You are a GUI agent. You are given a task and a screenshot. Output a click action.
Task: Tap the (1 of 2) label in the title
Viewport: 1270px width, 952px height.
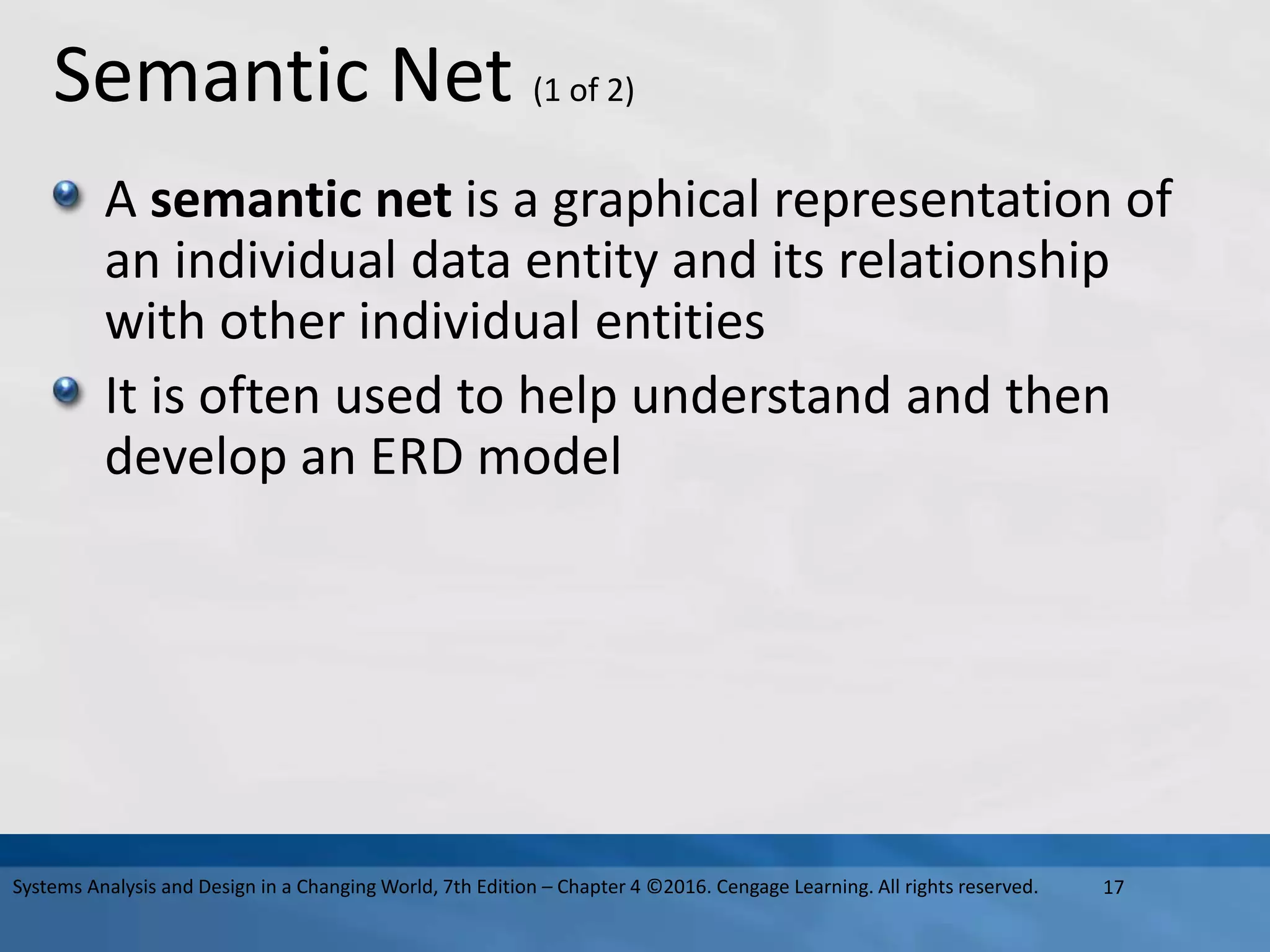point(584,91)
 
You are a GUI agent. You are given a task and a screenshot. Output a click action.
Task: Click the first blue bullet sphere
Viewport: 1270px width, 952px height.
point(66,194)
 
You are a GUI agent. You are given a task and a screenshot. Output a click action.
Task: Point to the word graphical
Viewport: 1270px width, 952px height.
point(655,202)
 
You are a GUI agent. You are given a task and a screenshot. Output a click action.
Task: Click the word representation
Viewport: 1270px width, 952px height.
point(943,202)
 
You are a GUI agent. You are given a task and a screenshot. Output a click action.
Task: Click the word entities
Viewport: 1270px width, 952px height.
point(680,322)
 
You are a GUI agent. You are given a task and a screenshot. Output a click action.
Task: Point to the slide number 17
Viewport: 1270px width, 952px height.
point(1114,888)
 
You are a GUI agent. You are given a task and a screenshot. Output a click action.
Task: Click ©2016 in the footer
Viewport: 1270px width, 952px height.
point(678,887)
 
